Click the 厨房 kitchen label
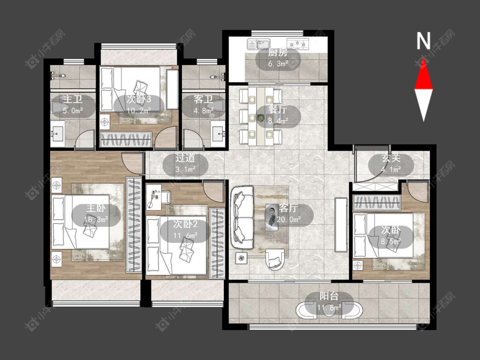pyautogui.click(x=278, y=53)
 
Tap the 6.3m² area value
pyautogui.click(x=278, y=64)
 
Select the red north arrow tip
pyautogui.click(x=423, y=58)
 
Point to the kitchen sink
pyautogui.click(x=259, y=44)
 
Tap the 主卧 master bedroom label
pyautogui.click(x=96, y=208)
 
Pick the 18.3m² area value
pyautogui.click(x=96, y=220)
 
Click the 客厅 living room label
pyautogui.click(x=288, y=208)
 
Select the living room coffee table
pyautogui.click(x=271, y=217)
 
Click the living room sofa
pyautogui.click(x=242, y=218)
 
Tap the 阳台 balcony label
pyautogui.click(x=329, y=296)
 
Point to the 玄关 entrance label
pyautogui.click(x=391, y=158)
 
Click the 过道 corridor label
pyautogui.click(x=185, y=158)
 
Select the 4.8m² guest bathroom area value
pyautogui.click(x=203, y=110)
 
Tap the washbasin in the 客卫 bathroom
pyautogui.click(x=218, y=134)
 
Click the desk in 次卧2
pyautogui.click(x=154, y=197)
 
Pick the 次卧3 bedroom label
pyautogui.click(x=139, y=99)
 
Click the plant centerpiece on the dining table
pyautogui.click(x=261, y=117)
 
